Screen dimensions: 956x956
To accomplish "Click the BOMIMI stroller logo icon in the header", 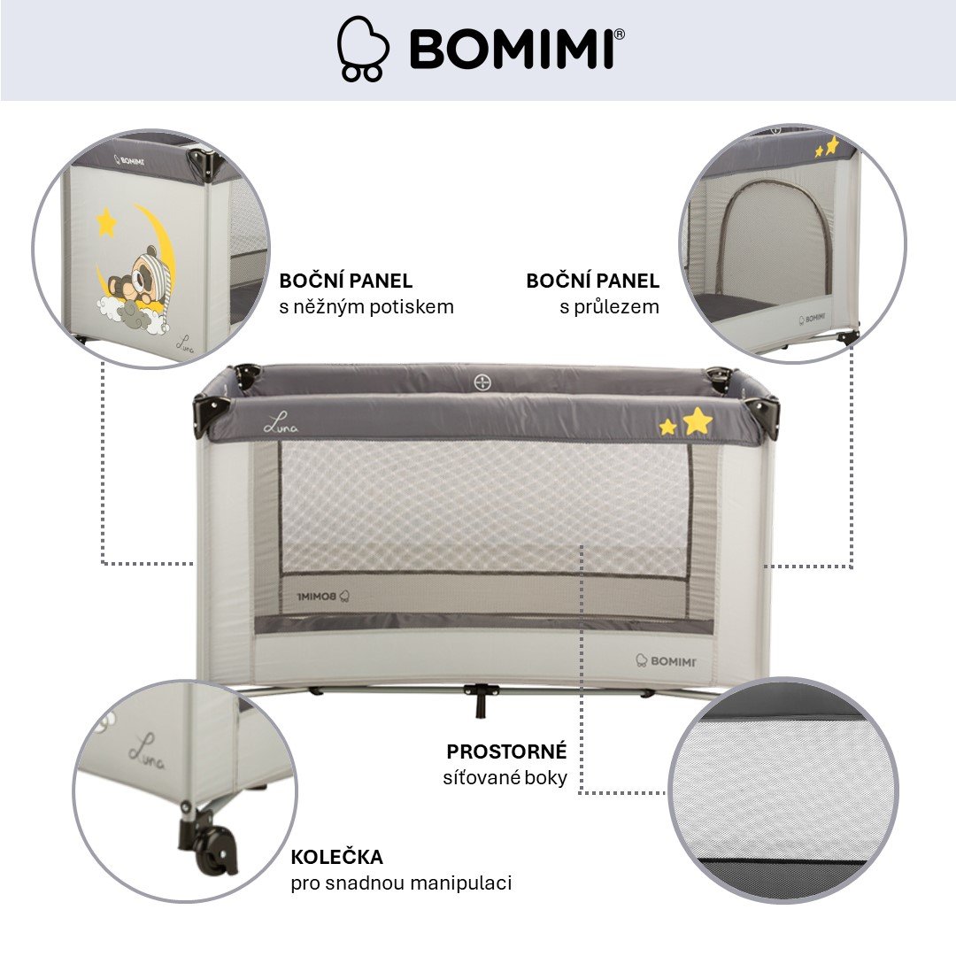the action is tap(363, 49).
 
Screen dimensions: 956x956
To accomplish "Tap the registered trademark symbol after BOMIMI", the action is tap(619, 35).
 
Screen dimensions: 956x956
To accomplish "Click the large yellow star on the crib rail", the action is tap(698, 420).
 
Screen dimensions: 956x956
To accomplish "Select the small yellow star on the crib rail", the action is tap(668, 427).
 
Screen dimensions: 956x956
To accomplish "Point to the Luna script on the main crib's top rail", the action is tap(281, 422).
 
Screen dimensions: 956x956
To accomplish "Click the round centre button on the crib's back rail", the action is tap(482, 383).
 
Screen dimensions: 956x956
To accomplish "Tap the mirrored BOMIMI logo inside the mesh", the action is tap(323, 597).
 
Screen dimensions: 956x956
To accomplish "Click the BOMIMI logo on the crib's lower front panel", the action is tap(665, 661).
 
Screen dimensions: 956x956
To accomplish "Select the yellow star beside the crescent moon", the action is tap(106, 222).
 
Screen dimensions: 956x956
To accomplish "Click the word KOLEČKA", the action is tap(336, 856).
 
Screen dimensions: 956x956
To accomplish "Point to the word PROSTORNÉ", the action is tap(506, 752).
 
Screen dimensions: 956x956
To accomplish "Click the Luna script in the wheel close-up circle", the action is tap(146, 752).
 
